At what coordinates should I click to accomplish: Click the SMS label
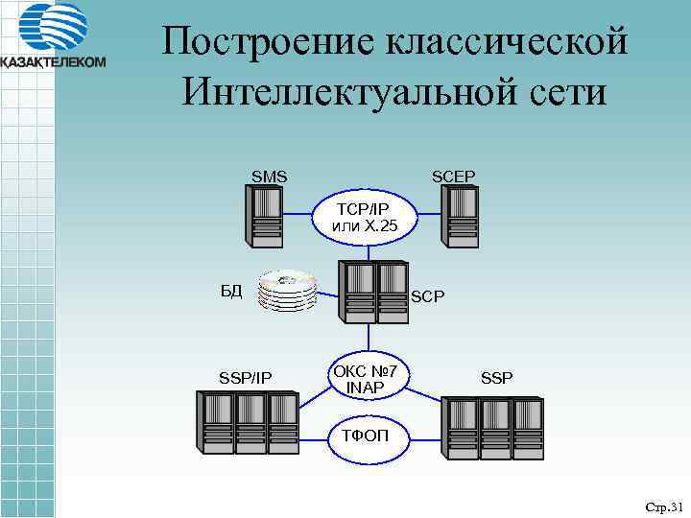coord(269,177)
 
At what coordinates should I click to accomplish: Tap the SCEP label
coord(453,177)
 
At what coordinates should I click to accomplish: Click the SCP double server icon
coord(376,292)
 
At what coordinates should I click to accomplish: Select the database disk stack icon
coord(288,291)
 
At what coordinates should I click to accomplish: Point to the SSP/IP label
coord(246,379)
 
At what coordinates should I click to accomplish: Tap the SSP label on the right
coord(496,379)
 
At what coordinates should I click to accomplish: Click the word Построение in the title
coord(270,42)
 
